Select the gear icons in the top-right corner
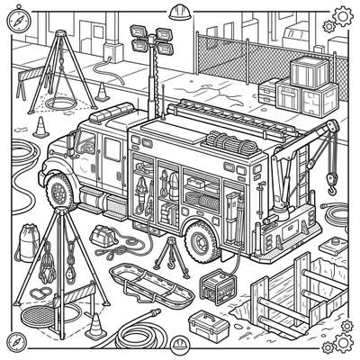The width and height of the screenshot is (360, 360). point(341,16)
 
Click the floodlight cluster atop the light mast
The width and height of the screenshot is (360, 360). point(149,37)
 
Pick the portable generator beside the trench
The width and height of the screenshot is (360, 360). point(215,288)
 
